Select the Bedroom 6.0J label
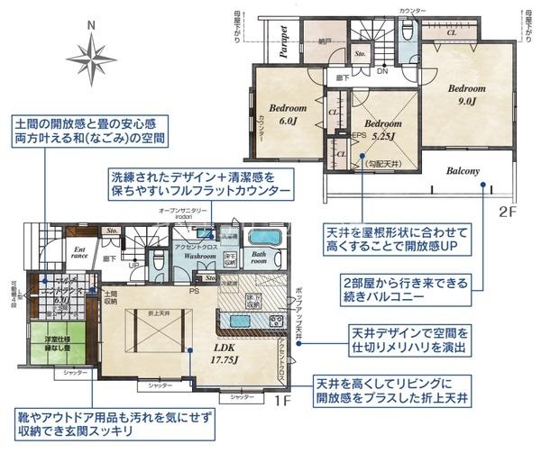coord(288,113)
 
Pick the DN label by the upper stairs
coord(382,71)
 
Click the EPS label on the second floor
coord(358,136)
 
